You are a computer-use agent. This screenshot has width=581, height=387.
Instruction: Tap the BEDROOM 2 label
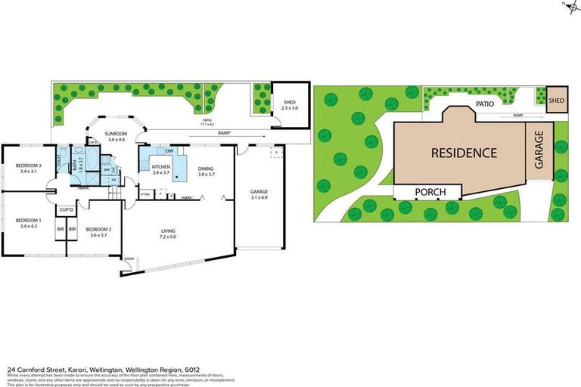[x=98, y=229]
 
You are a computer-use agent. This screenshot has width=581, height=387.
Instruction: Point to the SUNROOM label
[x=117, y=133]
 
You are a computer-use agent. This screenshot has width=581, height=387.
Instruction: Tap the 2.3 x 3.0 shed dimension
[x=290, y=109]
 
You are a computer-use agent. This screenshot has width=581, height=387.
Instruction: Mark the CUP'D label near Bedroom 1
[x=67, y=209]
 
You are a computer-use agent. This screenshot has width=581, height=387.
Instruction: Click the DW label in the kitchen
[x=169, y=150]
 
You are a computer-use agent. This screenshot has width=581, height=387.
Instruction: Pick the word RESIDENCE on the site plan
[x=464, y=153]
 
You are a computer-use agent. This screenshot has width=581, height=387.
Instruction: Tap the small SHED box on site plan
[x=557, y=100]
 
